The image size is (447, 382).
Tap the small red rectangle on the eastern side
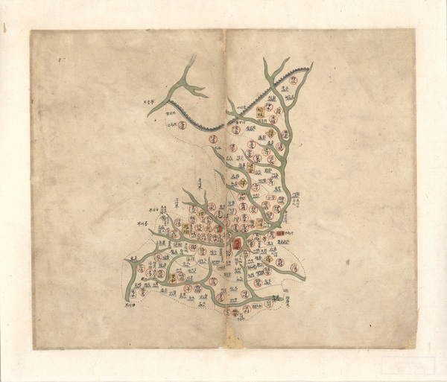(x=280, y=233)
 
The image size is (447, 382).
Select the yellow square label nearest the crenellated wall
(x=260, y=112)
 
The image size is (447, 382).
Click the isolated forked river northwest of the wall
(x=186, y=88)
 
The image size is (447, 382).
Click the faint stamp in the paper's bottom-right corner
(x=407, y=365)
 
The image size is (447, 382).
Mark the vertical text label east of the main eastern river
(x=296, y=199)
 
